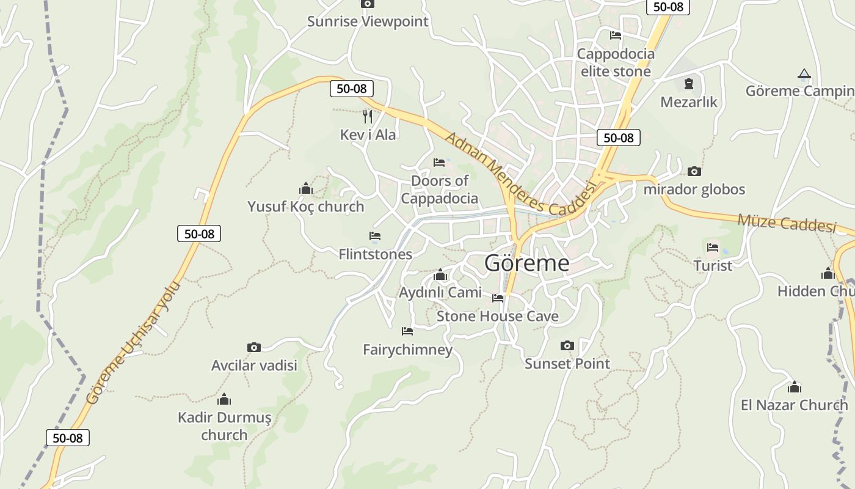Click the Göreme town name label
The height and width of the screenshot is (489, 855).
click(x=526, y=263)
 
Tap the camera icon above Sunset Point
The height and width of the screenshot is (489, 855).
click(x=567, y=346)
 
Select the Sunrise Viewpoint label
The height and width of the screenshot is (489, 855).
click(x=368, y=22)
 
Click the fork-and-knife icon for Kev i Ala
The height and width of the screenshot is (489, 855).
click(x=368, y=116)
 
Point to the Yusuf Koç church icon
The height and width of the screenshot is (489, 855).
click(x=305, y=188)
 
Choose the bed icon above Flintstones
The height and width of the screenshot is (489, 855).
click(x=375, y=236)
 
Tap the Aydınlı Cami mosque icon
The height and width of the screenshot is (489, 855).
click(x=440, y=275)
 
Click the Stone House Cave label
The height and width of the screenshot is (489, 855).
click(x=497, y=317)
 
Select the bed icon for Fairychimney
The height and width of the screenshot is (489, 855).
click(x=407, y=331)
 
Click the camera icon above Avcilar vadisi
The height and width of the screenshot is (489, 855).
click(x=254, y=347)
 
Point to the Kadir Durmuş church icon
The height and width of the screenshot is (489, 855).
click(x=224, y=400)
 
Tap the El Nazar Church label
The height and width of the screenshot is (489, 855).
click(x=794, y=405)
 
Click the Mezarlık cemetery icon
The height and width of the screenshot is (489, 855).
click(x=689, y=84)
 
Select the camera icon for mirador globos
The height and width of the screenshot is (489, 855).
click(x=694, y=171)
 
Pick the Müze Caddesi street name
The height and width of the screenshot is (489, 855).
click(x=786, y=222)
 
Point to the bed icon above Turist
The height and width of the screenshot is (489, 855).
click(x=713, y=248)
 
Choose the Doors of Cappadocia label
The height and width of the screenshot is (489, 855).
click(x=440, y=189)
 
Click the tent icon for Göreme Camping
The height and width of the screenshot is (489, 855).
click(x=804, y=75)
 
